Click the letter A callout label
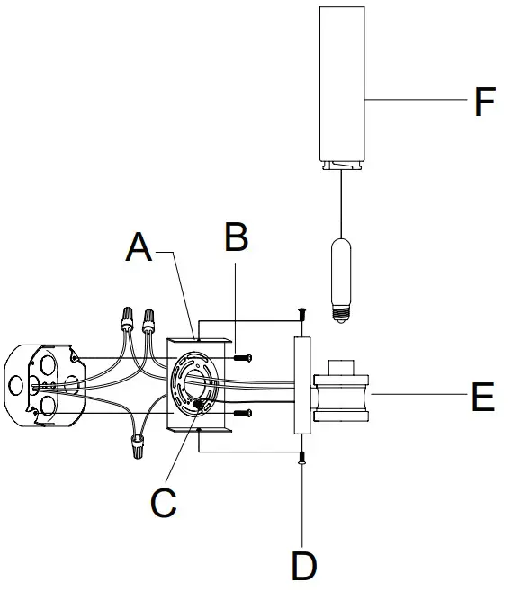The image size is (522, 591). click(x=139, y=247)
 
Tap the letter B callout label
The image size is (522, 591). click(x=236, y=237)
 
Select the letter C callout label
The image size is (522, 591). click(x=163, y=503)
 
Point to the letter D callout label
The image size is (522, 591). click(x=304, y=566)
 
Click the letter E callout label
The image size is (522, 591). click(x=483, y=396)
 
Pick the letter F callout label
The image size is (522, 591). click(x=485, y=102)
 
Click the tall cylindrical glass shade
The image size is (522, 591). click(x=342, y=88)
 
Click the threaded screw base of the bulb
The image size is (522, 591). click(x=340, y=314)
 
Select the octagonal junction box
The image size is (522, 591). click(x=45, y=385)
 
